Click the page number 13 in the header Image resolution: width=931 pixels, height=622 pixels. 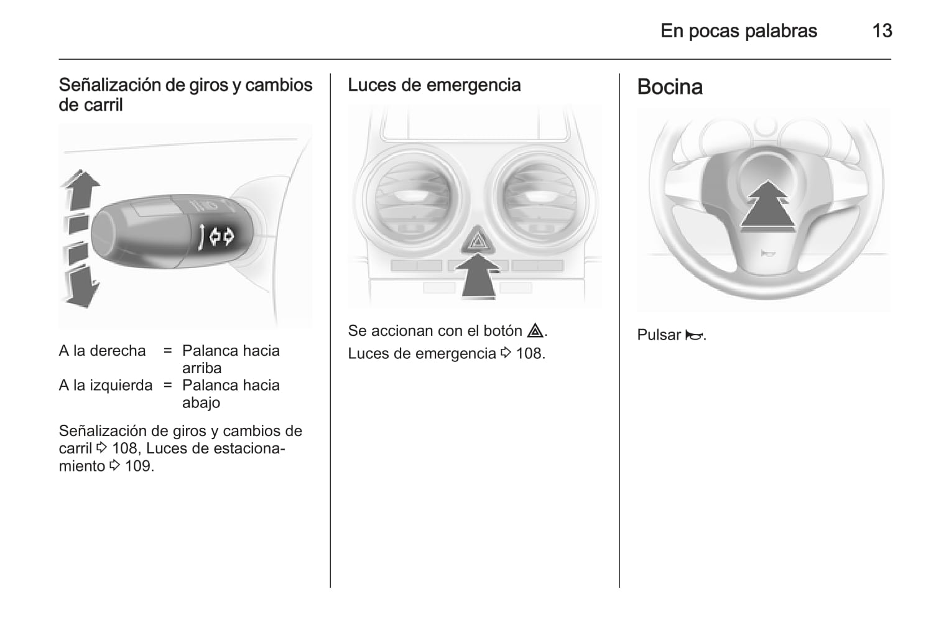pos(882,31)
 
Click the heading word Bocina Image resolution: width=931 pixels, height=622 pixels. pos(670,87)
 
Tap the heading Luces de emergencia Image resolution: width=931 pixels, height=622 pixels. pos(434,85)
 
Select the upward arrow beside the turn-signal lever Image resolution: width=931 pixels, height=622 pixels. pos(80,190)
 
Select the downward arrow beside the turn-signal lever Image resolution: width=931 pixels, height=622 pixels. pos(81,287)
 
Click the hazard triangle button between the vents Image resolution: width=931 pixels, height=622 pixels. pos(478,240)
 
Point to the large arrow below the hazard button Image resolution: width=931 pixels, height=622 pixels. pos(478,277)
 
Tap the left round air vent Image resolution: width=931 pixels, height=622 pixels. pos(412,200)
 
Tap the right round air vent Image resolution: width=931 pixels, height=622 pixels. pos(540,200)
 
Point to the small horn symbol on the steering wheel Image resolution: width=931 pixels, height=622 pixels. pos(767,253)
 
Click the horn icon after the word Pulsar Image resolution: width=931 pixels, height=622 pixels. pos(693,335)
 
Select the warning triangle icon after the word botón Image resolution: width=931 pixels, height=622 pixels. pos(535,330)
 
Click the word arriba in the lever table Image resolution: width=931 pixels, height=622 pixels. pos(201,368)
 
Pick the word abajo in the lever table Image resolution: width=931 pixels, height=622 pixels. pos(201,403)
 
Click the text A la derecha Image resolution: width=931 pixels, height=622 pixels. pos(102,351)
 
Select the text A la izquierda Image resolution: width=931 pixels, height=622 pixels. pos(106,386)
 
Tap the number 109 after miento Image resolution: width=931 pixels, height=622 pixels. pos(139,466)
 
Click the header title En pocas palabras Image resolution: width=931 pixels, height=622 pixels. pos(739,31)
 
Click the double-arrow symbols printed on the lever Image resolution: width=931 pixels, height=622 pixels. pos(222,237)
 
